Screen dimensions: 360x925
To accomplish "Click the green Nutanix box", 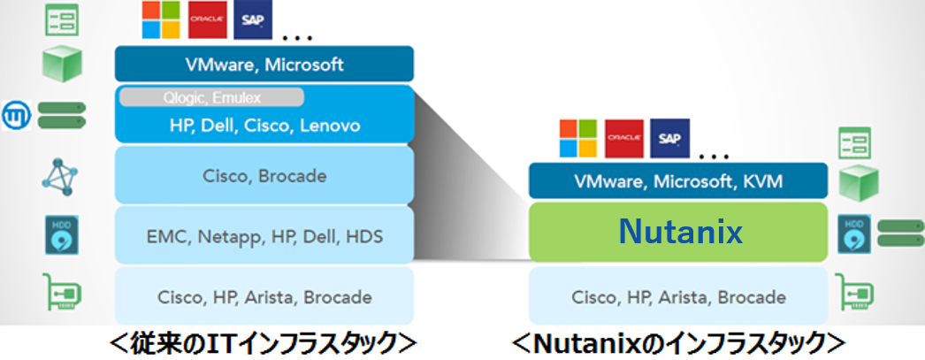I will click(x=678, y=232).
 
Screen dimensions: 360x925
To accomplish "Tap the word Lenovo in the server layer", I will click(x=330, y=126).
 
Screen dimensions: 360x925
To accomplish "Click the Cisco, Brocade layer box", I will click(x=264, y=175).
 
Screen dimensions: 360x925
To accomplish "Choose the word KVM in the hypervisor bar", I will click(x=761, y=182).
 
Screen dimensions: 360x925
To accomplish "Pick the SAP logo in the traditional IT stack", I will click(x=253, y=19).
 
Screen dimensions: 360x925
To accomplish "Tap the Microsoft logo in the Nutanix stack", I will click(x=580, y=137).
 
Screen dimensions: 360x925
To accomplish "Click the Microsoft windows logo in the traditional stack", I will click(x=163, y=19).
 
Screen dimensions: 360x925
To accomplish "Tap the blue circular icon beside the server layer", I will click(x=17, y=115).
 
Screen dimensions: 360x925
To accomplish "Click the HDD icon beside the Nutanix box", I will click(x=853, y=234).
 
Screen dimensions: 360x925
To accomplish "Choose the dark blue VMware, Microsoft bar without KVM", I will click(x=264, y=65).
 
